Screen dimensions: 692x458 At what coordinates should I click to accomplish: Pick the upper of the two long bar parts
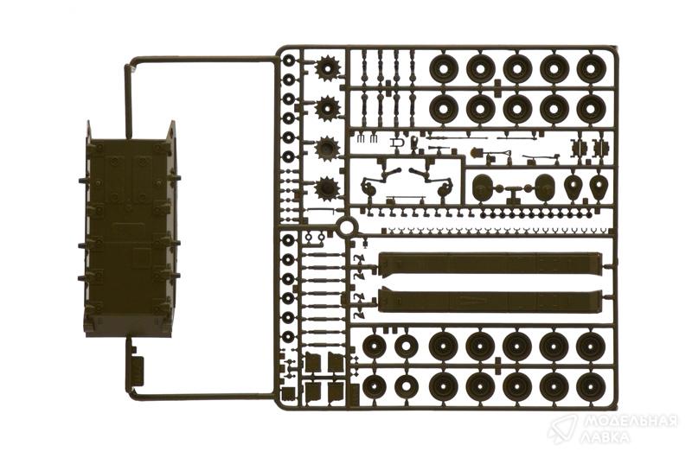[490, 264]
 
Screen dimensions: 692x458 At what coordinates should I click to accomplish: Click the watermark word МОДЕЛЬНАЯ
[630, 422]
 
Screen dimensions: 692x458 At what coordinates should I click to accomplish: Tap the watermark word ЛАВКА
[605, 437]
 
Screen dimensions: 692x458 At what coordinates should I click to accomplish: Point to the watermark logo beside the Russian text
[562, 429]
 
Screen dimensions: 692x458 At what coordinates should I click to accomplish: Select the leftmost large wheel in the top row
[444, 69]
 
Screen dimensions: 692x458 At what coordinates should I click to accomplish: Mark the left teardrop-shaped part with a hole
[574, 187]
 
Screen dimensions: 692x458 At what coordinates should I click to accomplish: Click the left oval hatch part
[483, 187]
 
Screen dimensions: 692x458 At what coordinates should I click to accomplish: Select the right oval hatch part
[544, 187]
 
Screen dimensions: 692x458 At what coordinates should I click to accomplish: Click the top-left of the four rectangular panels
[313, 362]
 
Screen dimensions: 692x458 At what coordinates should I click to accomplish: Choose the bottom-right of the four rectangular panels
[336, 391]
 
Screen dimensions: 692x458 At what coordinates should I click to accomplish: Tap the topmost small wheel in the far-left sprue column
[289, 60]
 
